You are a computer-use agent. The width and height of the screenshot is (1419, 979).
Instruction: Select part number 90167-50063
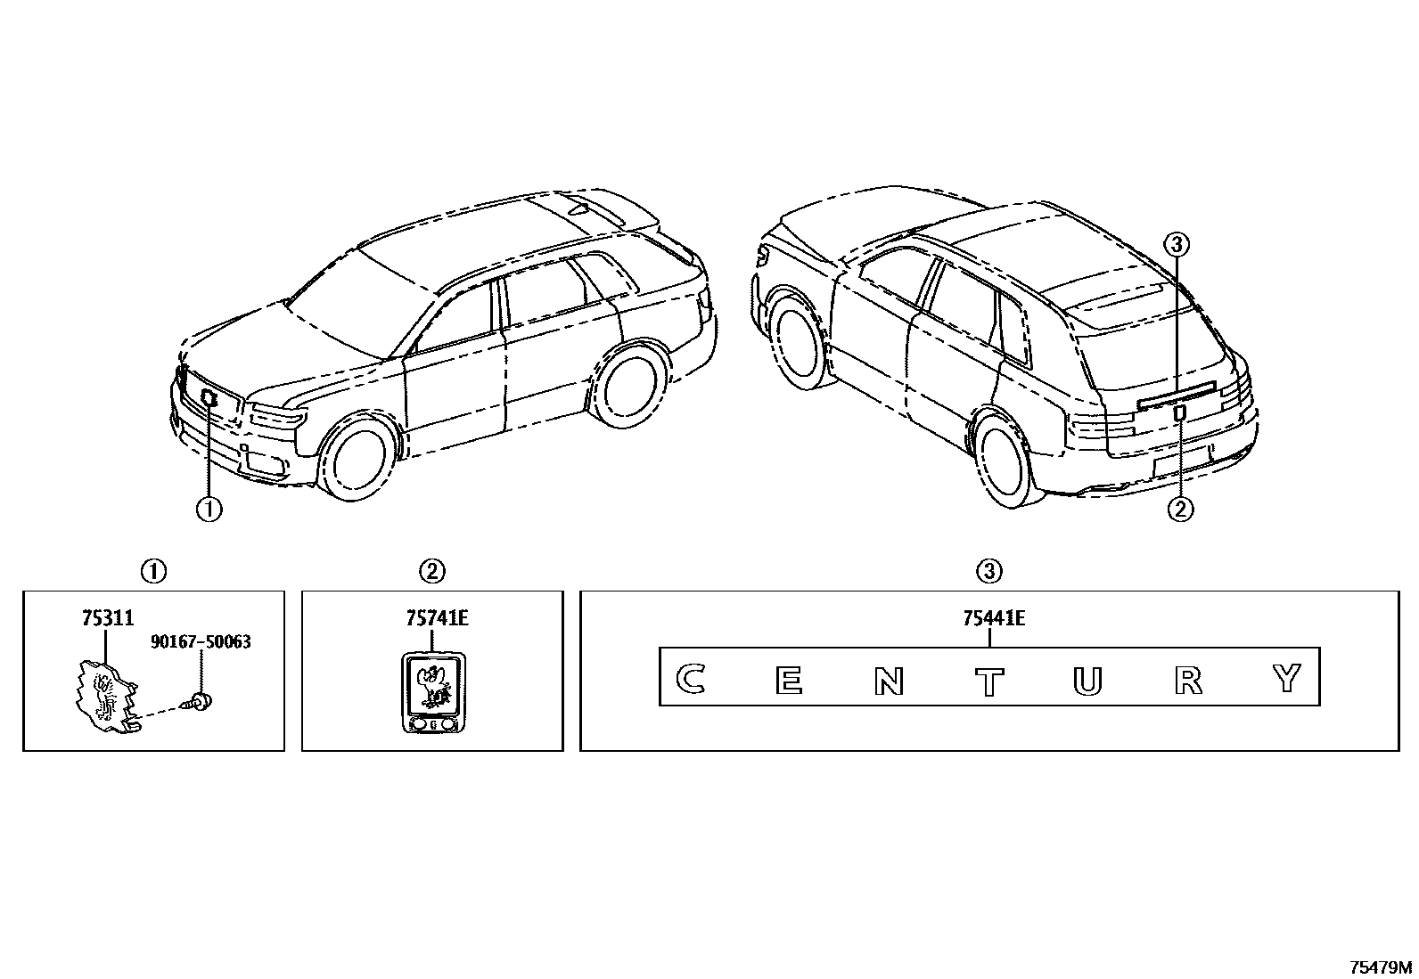(x=201, y=641)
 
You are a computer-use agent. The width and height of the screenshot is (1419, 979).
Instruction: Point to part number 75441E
(x=993, y=617)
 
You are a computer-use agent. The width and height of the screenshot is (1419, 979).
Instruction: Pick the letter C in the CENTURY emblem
(x=689, y=680)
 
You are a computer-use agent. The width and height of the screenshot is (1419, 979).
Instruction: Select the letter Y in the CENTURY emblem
(x=1287, y=679)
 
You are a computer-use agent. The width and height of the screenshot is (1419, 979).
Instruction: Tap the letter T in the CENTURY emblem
(x=988, y=681)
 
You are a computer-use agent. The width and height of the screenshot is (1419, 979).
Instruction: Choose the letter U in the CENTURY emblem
(x=1087, y=681)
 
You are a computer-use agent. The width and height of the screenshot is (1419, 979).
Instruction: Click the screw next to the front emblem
(x=200, y=701)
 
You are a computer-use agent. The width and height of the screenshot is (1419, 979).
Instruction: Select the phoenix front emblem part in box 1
(x=104, y=690)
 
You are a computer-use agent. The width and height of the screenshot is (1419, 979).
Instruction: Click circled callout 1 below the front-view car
(x=209, y=509)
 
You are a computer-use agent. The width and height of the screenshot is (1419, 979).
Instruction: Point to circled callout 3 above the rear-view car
(x=1177, y=242)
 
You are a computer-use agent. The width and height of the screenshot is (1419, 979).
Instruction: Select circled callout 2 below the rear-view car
(x=1180, y=509)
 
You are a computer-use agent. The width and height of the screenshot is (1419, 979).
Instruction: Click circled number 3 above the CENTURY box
(x=990, y=570)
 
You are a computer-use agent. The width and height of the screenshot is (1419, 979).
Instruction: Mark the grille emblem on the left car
(x=210, y=398)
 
